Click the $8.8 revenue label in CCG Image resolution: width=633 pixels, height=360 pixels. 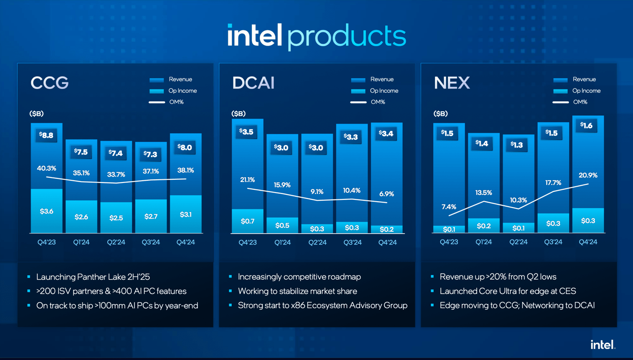[x=47, y=135]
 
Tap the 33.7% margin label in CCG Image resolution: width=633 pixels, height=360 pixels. [x=116, y=174]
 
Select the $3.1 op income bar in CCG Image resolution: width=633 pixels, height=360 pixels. [x=186, y=214]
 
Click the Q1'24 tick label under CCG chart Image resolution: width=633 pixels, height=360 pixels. [x=81, y=242]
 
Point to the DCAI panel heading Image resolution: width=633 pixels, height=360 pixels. [x=253, y=83]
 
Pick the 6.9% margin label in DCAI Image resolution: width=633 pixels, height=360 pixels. [x=387, y=194]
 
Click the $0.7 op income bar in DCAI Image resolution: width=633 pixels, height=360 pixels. [x=247, y=221]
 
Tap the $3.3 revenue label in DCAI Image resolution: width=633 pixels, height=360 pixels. [x=351, y=137]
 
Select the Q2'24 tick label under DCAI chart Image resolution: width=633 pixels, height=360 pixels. [x=317, y=242]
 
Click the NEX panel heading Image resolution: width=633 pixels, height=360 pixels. [x=451, y=83]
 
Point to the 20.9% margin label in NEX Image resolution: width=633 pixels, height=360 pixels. [x=588, y=175]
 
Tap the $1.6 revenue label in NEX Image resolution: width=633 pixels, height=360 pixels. [x=587, y=125]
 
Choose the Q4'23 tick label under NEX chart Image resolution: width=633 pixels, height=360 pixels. [x=449, y=242]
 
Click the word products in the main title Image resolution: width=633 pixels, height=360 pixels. [x=347, y=37]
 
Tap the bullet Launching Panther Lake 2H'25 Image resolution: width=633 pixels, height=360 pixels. [x=93, y=277]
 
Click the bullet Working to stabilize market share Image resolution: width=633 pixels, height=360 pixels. [x=297, y=291]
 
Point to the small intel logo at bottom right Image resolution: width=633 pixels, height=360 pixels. [x=603, y=345]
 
